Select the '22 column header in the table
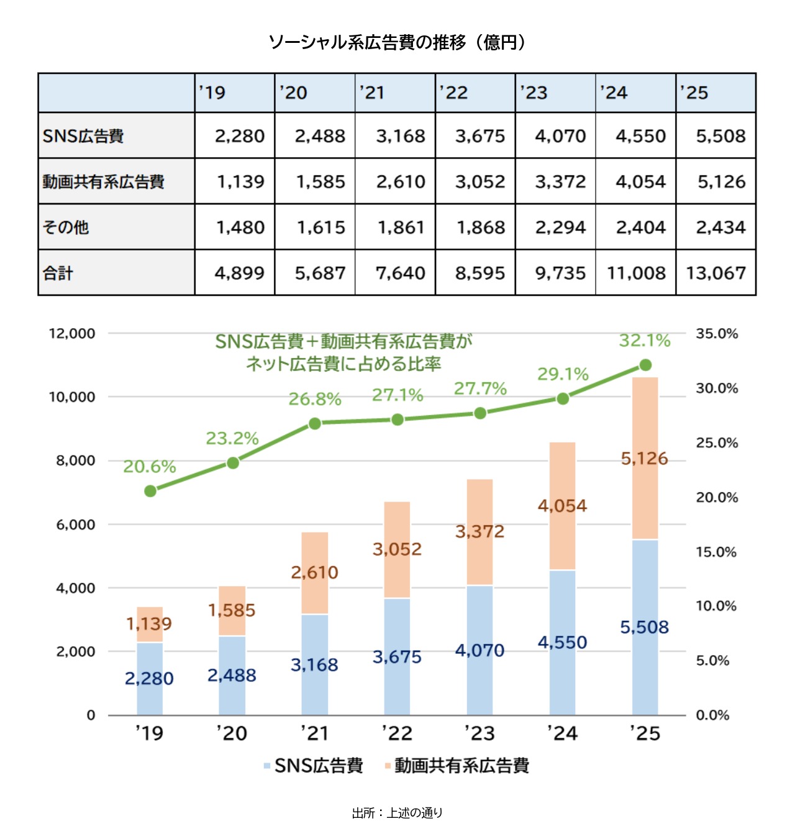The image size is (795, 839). pos(475,93)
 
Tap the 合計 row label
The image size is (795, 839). pos(116,273)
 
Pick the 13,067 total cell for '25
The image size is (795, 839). pos(715,273)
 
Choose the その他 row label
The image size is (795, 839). pos(116,227)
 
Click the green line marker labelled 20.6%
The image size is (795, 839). pos(150,491)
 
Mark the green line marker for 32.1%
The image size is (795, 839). pos(645,365)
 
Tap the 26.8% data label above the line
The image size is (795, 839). pos(315,399)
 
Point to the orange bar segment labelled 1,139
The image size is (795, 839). pos(150,624)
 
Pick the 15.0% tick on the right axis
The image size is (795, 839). pos(716,552)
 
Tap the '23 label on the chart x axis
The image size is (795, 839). pos(479,733)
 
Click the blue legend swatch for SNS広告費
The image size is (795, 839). pos(267,766)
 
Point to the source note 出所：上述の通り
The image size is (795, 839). pos(397,813)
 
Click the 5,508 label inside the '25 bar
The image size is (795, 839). pos(645,627)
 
